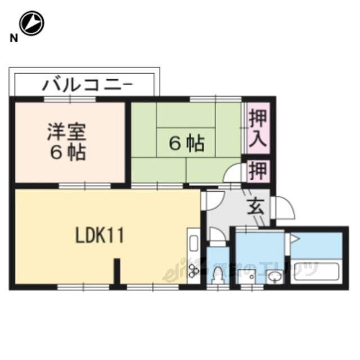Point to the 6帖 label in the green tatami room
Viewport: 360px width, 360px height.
point(186,145)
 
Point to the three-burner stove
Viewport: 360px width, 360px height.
point(193,271)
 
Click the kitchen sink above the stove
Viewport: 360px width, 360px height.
point(193,243)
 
